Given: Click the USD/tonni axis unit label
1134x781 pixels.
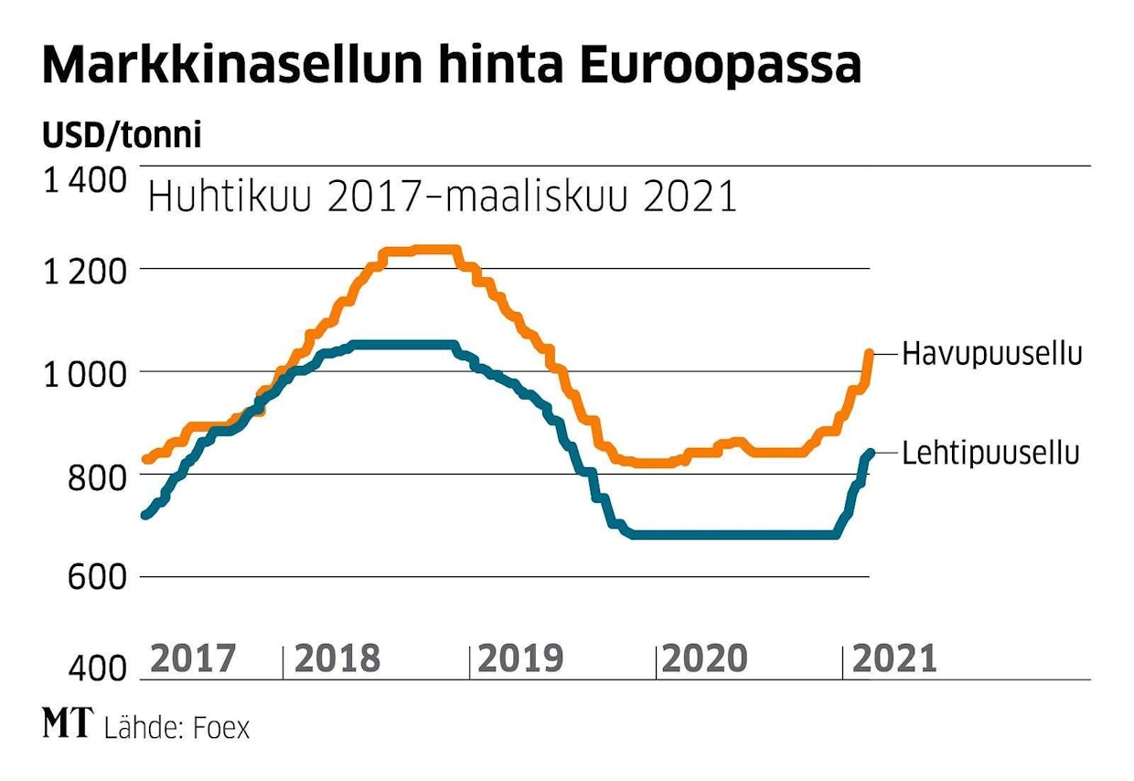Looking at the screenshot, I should tap(122, 135).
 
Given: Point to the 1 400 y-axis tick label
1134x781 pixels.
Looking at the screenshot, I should tap(84, 181).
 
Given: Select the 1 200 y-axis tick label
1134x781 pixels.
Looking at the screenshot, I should tap(84, 271).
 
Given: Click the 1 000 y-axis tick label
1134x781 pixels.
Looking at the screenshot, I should tap(84, 373).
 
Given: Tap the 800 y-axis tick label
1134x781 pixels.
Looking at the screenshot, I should tap(99, 476).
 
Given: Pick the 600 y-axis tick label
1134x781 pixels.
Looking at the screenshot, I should tap(99, 578).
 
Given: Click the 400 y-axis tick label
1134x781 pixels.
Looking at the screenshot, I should tap(99, 670).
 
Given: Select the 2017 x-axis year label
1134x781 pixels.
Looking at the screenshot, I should tap(192, 658).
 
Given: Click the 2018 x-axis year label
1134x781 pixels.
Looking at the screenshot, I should tap(337, 658).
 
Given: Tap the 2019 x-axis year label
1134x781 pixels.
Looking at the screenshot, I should tap(521, 658).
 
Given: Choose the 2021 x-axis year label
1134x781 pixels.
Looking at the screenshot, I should tap(894, 658).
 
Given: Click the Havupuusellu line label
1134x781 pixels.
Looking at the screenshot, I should tap(992, 354).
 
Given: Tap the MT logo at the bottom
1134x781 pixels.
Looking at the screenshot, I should tap(68, 724).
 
